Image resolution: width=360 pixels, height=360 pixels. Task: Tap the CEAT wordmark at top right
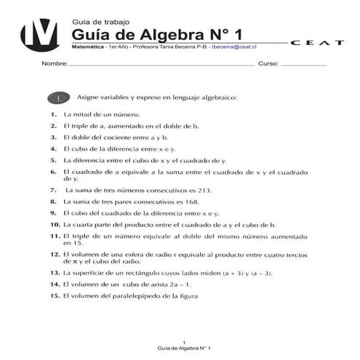click(x=317, y=43)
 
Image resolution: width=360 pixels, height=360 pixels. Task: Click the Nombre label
click(x=55, y=64)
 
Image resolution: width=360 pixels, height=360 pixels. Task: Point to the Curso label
click(x=268, y=64)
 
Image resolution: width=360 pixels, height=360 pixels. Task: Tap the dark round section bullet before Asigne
click(x=58, y=97)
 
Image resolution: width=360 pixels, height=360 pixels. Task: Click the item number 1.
click(x=54, y=114)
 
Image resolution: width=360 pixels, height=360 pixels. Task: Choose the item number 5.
click(x=54, y=160)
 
